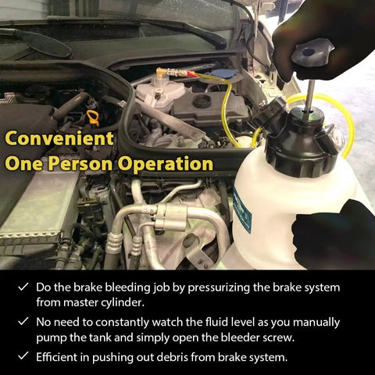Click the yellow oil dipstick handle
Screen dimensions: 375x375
(x=94, y=118)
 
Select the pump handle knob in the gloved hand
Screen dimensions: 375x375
(x=312, y=54)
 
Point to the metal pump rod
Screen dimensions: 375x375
(x=310, y=95)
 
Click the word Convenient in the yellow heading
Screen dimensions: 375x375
(x=59, y=138)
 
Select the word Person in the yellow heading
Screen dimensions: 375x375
(x=80, y=164)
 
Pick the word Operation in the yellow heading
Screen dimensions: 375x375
(x=165, y=164)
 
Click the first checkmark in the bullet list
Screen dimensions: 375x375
(x=23, y=287)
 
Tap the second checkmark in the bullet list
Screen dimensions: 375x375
(x=23, y=321)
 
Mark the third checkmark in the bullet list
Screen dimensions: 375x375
(x=23, y=355)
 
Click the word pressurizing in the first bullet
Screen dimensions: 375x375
(x=220, y=287)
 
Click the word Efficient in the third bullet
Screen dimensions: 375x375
(x=57, y=357)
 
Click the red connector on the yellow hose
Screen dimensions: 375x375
(x=191, y=74)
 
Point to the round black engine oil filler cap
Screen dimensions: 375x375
(x=202, y=101)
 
